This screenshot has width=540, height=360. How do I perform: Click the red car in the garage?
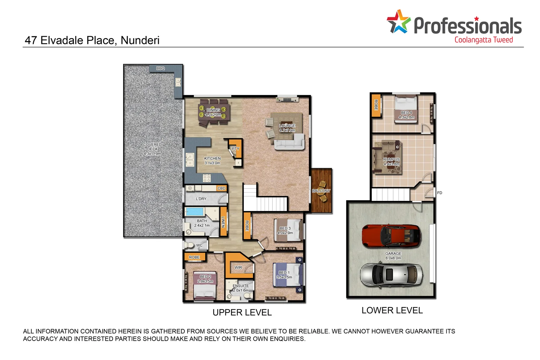coord(391,237)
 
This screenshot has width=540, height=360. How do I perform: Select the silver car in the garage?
coord(391,275)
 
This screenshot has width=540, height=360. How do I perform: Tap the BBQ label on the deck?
coord(161,68)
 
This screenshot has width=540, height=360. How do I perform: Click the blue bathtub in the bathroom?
coord(195,211)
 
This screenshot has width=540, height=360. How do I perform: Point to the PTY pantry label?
coord(235,149)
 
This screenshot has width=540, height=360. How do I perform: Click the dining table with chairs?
coord(213,112)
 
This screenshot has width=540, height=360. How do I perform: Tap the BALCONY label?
coord(321,191)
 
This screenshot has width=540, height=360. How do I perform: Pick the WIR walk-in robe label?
coord(238,267)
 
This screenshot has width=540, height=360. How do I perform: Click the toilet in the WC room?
coord(189,245)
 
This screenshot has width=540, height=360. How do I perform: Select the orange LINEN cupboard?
coord(223,221)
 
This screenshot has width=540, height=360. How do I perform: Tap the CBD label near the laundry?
coord(221,188)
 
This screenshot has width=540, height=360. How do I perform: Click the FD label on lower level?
coord(440,193)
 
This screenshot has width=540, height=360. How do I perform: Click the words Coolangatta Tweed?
coord(483,40)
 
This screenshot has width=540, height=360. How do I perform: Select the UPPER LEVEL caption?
coord(242,312)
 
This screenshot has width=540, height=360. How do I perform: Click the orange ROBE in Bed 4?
coord(376,105)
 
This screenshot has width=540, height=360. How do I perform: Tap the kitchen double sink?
coord(190,160)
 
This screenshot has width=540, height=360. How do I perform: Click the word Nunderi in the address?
coord(140,40)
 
